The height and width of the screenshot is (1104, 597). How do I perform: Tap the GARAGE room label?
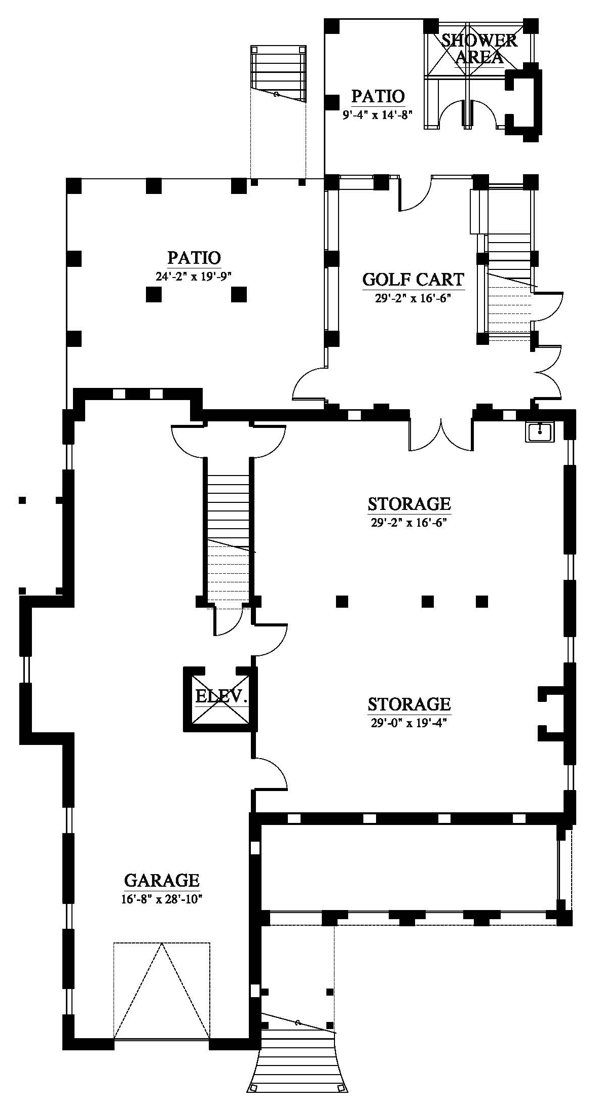[x=162, y=880]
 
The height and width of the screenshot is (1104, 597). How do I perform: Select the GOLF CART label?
[x=413, y=280]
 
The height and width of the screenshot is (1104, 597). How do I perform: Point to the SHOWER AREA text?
[x=479, y=49]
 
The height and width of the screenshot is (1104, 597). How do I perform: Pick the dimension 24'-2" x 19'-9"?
[x=195, y=276]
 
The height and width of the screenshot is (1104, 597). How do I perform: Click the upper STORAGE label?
[x=409, y=504]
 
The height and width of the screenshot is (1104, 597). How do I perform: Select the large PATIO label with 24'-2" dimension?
[x=195, y=258]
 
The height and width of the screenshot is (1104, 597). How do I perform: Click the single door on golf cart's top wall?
[x=415, y=193]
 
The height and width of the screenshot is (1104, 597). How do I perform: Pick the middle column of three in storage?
[x=428, y=601]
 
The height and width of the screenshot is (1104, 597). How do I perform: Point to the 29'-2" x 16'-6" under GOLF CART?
[x=413, y=298]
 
